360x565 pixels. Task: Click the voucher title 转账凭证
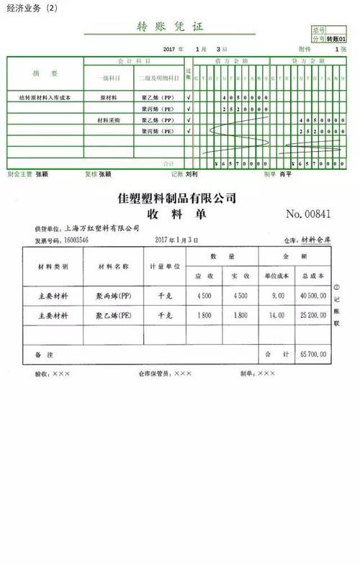pos(170,27)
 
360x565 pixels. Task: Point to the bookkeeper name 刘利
pos(192,173)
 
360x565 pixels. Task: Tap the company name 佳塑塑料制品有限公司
pos(176,197)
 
